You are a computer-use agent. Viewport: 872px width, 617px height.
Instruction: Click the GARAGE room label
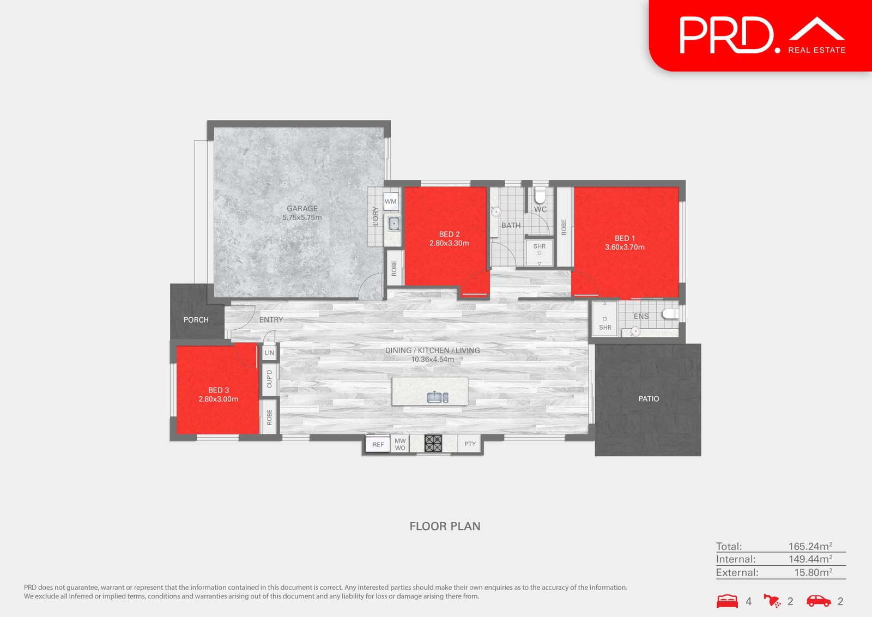302,208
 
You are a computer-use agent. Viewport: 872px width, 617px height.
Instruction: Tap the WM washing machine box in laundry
391,201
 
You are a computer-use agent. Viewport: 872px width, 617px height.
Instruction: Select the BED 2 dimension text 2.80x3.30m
449,243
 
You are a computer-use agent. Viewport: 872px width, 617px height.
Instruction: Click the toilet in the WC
540,195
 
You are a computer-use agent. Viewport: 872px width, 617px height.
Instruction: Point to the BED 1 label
625,238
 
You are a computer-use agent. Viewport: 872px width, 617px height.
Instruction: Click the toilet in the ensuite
670,313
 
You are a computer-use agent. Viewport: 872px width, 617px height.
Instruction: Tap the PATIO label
649,398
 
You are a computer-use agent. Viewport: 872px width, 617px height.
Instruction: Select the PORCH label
196,320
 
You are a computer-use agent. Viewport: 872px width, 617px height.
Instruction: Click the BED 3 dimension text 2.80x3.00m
218,399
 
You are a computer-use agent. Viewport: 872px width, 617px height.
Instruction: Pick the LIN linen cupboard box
269,353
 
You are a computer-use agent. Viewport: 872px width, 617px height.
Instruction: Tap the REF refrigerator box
378,444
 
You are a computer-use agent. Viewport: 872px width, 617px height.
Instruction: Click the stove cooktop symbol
433,443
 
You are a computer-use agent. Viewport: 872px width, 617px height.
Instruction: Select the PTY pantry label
470,444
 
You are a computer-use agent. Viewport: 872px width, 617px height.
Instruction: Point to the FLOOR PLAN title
445,526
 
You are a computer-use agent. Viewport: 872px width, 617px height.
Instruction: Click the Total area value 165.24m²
810,546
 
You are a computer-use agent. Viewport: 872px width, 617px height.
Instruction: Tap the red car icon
819,601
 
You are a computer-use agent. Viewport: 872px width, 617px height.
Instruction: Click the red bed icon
727,601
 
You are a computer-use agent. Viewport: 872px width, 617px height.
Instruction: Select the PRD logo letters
726,35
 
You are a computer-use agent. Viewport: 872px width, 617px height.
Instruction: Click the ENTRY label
271,319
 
